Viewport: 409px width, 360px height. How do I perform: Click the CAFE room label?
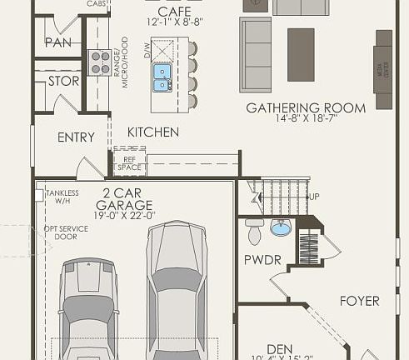click(x=169, y=12)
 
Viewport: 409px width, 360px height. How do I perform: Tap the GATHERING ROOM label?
click(x=306, y=107)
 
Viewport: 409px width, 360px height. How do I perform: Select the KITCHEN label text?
click(x=152, y=132)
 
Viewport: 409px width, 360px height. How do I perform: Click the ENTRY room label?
click(x=76, y=137)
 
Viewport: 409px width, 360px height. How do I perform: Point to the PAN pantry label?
click(x=57, y=42)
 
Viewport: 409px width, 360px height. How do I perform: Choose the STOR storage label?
click(x=63, y=82)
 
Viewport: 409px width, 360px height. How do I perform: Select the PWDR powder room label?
click(x=262, y=260)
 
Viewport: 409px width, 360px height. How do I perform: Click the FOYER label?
click(x=359, y=301)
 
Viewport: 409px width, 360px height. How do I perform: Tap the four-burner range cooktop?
click(x=100, y=62)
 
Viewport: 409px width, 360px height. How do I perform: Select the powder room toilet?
click(x=255, y=229)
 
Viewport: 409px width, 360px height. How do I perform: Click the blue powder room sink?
click(x=281, y=227)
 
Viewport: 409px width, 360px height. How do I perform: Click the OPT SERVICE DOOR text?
click(x=65, y=231)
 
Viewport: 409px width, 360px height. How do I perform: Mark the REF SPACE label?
click(x=129, y=163)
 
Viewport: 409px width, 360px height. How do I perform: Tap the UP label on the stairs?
click(x=314, y=196)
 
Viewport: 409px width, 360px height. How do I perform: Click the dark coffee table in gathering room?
click(x=301, y=43)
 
